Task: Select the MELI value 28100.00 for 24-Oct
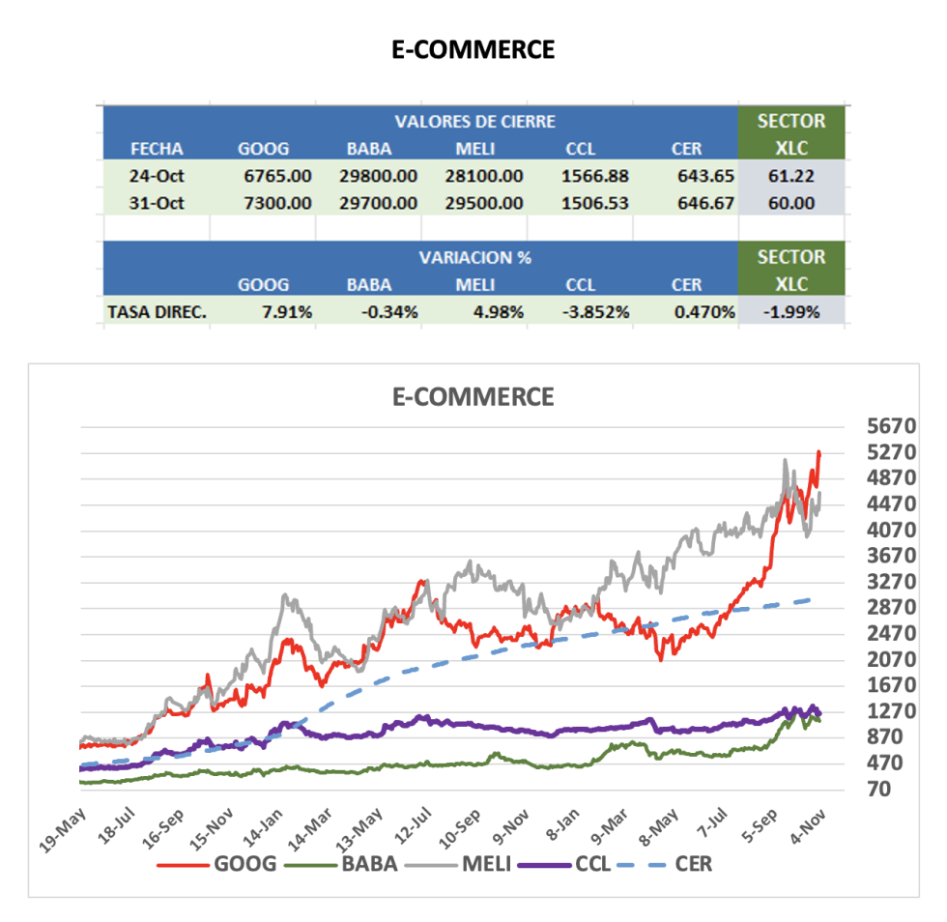tap(489, 176)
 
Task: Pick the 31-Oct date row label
tap(157, 203)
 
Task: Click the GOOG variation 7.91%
tap(286, 312)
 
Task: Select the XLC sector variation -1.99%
tap(790, 312)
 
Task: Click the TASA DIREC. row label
tap(158, 312)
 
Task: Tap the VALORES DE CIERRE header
tap(474, 121)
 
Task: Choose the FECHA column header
tap(157, 149)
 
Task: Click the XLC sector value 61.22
tap(790, 176)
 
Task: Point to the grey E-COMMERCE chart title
tap(473, 396)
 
